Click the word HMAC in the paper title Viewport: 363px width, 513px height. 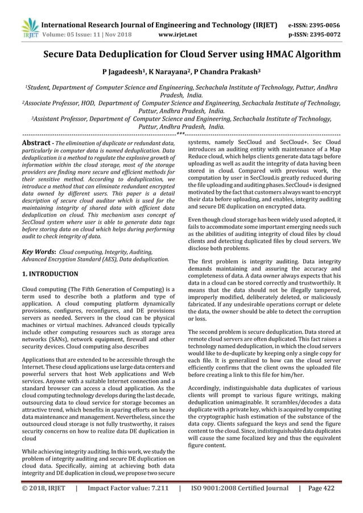click(266, 55)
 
